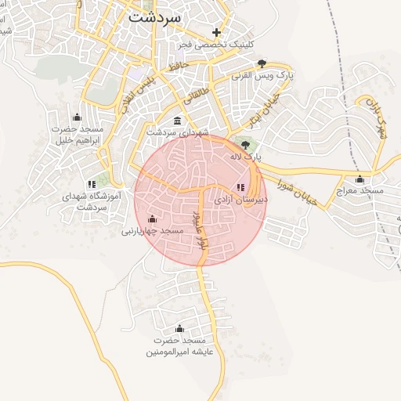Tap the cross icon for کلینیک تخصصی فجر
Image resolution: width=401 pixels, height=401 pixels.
pos(217,32)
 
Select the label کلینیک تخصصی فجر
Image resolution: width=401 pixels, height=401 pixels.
pos(223,45)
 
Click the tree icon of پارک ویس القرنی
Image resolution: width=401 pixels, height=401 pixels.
pos(262,63)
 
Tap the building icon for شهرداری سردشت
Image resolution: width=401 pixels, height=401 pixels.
pos(179,121)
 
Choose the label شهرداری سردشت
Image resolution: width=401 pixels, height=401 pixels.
pos(178,133)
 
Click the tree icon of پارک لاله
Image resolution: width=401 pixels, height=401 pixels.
pos(247,144)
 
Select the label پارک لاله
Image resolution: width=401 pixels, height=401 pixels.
pos(244,157)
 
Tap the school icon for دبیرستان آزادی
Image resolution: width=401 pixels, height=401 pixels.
pos(240,186)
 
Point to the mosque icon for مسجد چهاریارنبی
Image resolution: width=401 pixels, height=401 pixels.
pos(152,219)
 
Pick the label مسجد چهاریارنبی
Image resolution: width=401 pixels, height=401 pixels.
pos(152,232)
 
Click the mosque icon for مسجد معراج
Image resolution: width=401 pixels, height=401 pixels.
pos(359,178)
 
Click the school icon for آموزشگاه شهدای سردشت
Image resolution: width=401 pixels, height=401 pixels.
pos(92,184)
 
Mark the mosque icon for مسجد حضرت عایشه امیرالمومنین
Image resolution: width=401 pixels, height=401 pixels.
pos(179,328)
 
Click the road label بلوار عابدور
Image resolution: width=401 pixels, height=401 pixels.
pos(200,229)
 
